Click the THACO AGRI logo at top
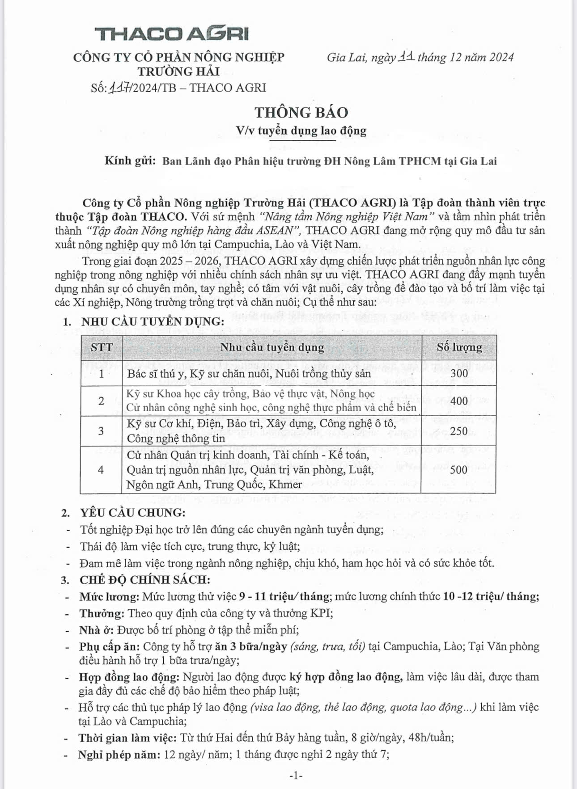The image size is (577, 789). [171, 34]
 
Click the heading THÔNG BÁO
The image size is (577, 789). [301, 112]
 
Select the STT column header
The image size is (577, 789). [102, 347]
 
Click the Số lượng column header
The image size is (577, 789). [459, 347]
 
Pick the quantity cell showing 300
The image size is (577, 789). [459, 373]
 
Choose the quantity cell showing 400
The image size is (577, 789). [459, 401]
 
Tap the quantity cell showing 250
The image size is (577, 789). [459, 431]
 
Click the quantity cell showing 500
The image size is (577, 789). [459, 469]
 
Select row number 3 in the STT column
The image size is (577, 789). [101, 431]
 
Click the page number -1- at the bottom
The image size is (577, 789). [296, 776]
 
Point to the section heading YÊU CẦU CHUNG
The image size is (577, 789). [132, 513]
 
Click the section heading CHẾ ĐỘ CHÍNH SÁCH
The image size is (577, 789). [144, 580]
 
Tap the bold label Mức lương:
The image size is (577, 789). [110, 596]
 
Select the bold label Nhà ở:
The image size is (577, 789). [97, 630]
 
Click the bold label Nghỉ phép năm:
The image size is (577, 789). [119, 755]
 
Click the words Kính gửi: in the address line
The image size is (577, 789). [130, 160]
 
